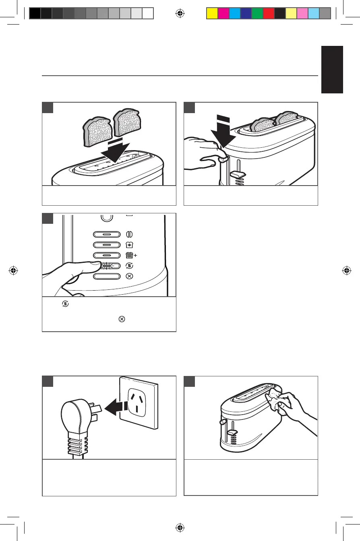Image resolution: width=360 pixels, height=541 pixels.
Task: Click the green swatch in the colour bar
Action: tap(257, 13)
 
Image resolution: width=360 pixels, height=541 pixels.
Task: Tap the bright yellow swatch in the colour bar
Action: tap(212, 13)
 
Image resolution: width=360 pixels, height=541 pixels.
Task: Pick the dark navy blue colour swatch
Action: tap(246, 13)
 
